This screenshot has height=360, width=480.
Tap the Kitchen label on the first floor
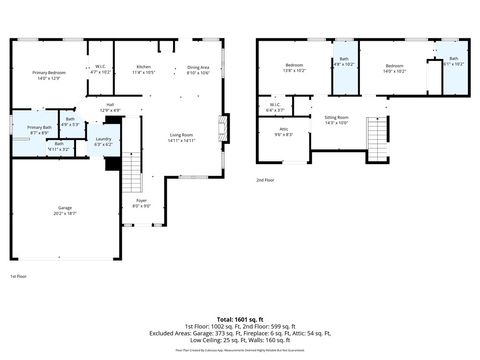coord(144,67)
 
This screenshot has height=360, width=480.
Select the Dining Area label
coord(198,67)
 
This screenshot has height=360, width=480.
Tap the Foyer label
coord(142,201)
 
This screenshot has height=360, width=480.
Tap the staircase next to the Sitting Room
coord(377,131)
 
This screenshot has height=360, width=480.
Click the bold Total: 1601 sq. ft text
coord(239,317)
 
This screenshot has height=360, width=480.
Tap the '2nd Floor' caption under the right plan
coord(265,180)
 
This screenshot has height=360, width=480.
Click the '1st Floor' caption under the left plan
coord(18,275)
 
